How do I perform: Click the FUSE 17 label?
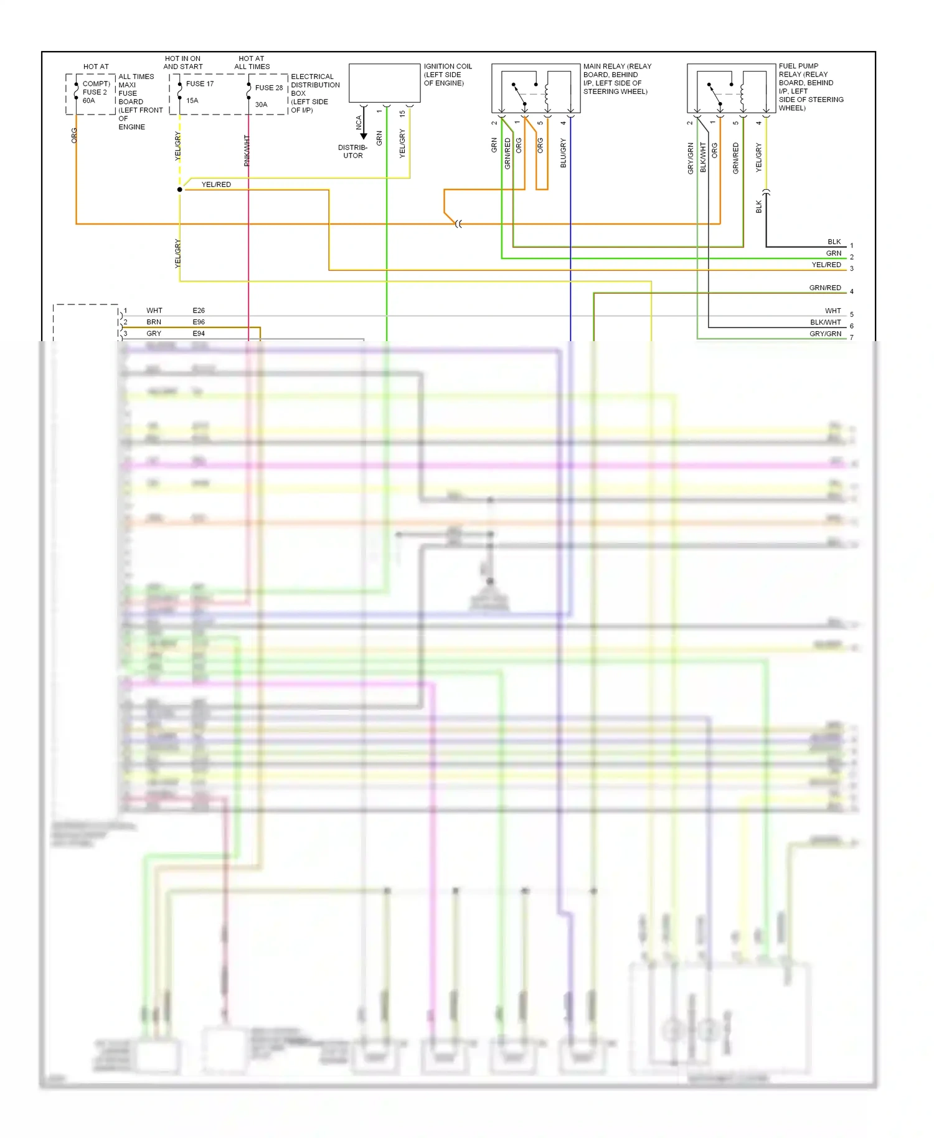[199, 83]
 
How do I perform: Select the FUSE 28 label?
[268, 88]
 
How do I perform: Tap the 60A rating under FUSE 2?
[89, 100]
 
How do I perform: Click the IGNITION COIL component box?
[384, 83]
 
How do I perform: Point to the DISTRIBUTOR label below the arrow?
[352, 151]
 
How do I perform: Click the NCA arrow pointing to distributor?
[364, 128]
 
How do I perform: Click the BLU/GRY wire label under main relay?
[563, 153]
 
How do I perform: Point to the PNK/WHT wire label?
[247, 151]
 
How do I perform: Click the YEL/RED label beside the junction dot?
[216, 184]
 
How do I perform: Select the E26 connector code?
[199, 310]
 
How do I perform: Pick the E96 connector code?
[199, 322]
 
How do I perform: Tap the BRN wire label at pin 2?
[154, 322]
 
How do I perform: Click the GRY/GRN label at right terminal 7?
[825, 334]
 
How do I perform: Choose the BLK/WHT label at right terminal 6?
[825, 322]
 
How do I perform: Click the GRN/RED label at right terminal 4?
[825, 288]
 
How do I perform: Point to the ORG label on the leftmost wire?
[74, 136]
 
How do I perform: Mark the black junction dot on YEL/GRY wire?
[180, 189]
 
